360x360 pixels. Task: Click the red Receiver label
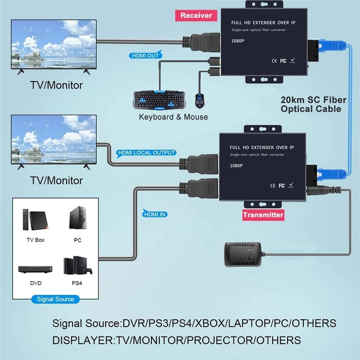196,15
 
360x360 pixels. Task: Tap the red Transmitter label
263,215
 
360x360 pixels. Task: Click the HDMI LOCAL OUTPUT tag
147,153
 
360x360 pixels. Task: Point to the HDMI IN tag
155,214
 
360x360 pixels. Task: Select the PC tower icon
77,219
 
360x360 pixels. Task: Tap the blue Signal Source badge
55,299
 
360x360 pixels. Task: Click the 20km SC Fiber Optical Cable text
311,104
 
